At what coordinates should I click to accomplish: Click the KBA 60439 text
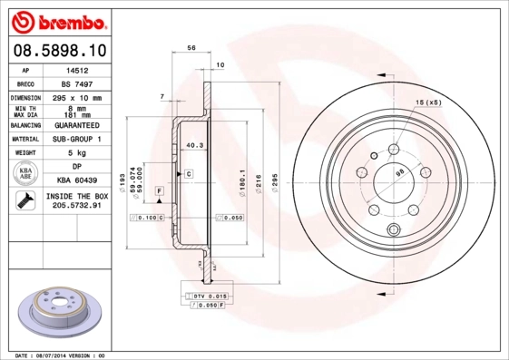tap(84, 180)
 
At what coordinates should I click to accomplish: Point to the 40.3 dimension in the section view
tap(193, 144)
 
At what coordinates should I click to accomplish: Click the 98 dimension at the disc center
tap(399, 171)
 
